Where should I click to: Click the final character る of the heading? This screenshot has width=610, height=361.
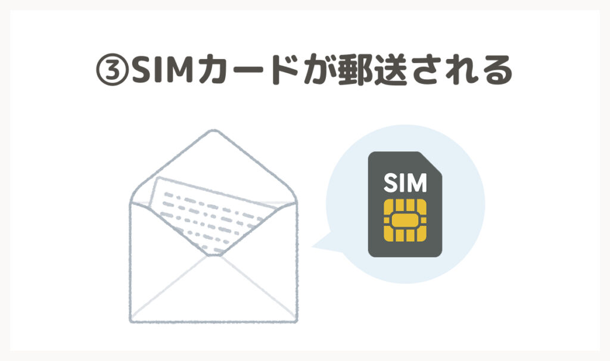point(496,71)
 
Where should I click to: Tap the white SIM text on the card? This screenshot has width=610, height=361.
point(405,182)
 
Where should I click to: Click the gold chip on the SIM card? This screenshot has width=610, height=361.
point(405,220)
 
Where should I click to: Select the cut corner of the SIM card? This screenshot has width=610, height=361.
point(431,162)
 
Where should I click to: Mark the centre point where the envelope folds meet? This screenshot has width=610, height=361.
point(214,255)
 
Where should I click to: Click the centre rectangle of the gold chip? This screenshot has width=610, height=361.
point(405,220)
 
